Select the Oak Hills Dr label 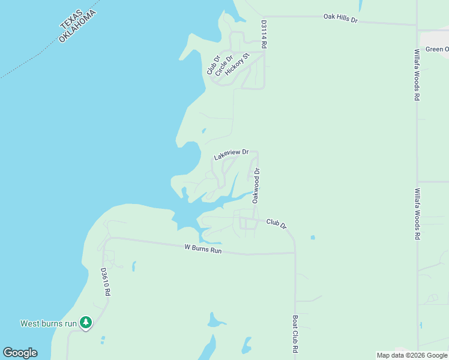tap(340, 19)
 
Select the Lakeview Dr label tap(231, 155)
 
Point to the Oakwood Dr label tap(256, 185)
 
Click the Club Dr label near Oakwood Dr tap(277, 224)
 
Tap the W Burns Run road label tap(203, 248)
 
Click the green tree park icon tap(86, 323)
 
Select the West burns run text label tap(49, 323)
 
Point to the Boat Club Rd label tap(295, 334)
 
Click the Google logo tap(20, 353)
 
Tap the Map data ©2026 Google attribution tap(412, 355)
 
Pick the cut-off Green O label tap(436, 49)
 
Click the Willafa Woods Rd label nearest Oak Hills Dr tap(416, 74)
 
